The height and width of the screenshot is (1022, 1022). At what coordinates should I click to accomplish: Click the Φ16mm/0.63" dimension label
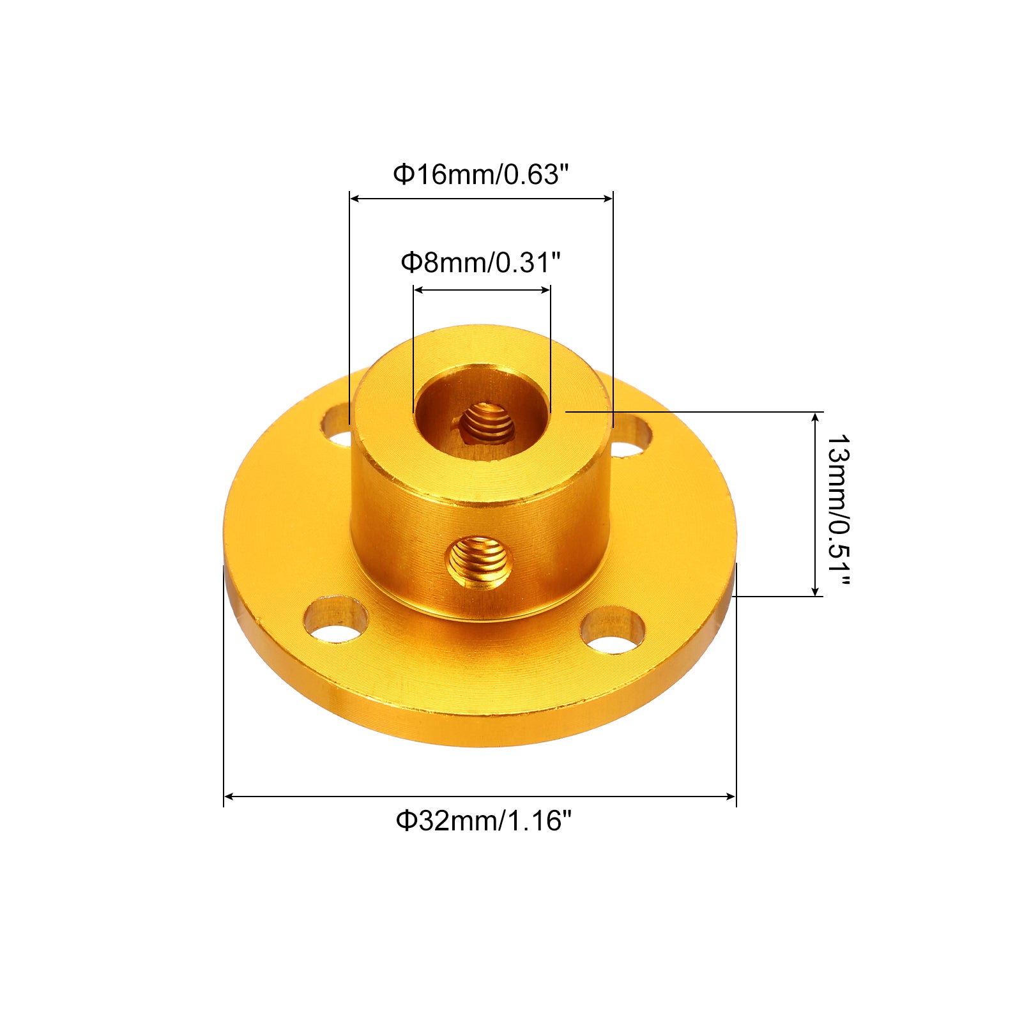(x=480, y=174)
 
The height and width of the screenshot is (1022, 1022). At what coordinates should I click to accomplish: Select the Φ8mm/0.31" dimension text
(x=480, y=262)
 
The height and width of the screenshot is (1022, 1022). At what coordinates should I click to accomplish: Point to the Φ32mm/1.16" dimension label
(x=484, y=820)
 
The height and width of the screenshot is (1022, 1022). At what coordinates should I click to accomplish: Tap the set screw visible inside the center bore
(x=487, y=423)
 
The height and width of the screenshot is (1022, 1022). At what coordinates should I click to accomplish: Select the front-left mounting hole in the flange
(x=335, y=619)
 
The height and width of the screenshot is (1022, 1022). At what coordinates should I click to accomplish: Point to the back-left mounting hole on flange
(x=336, y=426)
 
